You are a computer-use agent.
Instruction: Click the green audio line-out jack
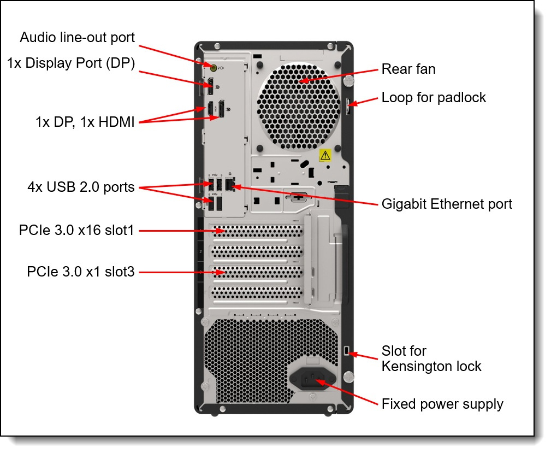coord(214,68)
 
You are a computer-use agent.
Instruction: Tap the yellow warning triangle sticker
coord(325,155)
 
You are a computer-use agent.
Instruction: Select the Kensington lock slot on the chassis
coord(348,350)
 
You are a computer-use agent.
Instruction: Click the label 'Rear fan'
coord(408,69)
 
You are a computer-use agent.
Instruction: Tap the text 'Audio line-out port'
coord(77,37)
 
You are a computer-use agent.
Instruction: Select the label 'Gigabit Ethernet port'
coord(447,204)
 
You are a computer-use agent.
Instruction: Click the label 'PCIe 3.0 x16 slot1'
coord(76,230)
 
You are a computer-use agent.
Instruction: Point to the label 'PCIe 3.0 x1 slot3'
coord(80,271)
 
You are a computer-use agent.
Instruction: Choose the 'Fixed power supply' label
coord(442,404)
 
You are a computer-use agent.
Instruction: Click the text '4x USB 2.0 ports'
coord(81,187)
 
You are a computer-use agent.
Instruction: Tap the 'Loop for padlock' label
coord(434,98)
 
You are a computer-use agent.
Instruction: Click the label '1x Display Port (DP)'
coord(71,63)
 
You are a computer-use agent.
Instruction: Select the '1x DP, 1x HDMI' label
coord(85,122)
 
